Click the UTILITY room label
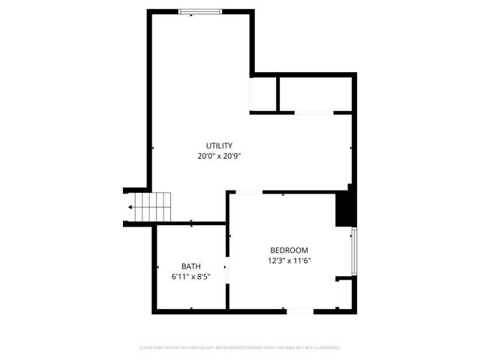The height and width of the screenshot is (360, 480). point(219,145)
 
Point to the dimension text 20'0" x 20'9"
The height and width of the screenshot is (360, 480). point(219,157)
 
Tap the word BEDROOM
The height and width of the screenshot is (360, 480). point(289,250)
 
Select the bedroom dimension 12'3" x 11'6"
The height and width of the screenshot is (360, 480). point(289,261)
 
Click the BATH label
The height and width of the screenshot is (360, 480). point(190,266)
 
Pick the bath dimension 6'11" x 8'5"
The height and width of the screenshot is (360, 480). point(190,277)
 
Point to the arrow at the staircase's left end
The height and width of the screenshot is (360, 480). point(130,206)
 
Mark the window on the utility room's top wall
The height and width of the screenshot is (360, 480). point(200,10)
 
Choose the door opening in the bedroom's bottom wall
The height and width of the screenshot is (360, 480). point(301,311)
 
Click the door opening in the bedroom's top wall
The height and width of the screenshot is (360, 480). point(248,192)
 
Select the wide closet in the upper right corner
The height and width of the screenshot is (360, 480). point(314,93)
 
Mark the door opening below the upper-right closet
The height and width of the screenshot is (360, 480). point(313,112)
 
